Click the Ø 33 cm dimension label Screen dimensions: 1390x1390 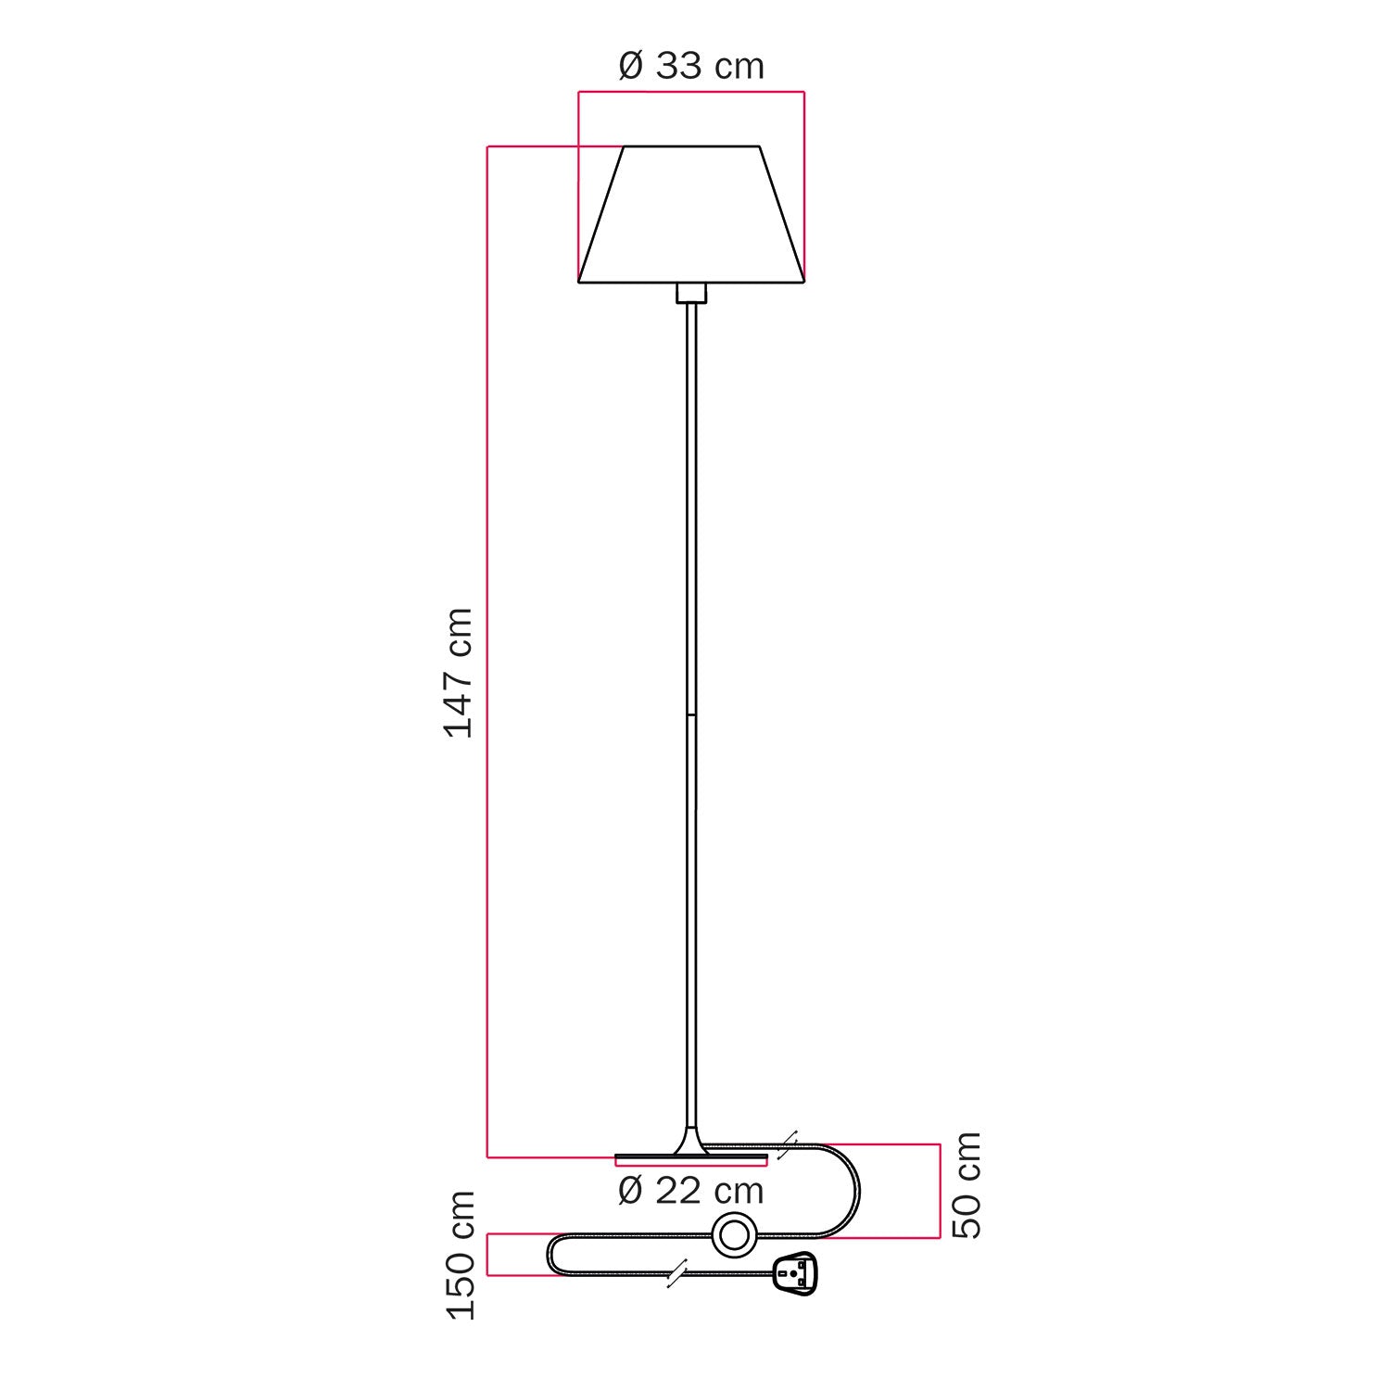tap(691, 67)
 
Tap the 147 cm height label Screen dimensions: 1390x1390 tap(460, 673)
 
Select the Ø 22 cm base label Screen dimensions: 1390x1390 tap(691, 1191)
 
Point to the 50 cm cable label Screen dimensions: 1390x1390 tap(967, 1185)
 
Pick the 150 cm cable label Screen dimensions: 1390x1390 tap(461, 1256)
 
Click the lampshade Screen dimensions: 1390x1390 tap(691, 215)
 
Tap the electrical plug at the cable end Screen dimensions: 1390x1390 tap(793, 1274)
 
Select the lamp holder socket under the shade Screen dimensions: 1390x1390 tap(691, 293)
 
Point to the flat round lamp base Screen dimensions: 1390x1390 tap(691, 1157)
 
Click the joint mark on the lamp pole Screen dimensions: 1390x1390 tap(691, 715)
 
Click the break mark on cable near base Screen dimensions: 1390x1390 tap(787, 1144)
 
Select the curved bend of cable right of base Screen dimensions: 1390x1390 tap(853, 1191)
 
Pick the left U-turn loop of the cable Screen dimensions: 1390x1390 tap(553, 1255)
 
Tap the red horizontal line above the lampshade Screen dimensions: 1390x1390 tap(691, 92)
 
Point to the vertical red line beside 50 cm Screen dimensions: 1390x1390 tap(940, 1191)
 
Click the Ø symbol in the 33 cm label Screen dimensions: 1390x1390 tap(630, 67)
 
